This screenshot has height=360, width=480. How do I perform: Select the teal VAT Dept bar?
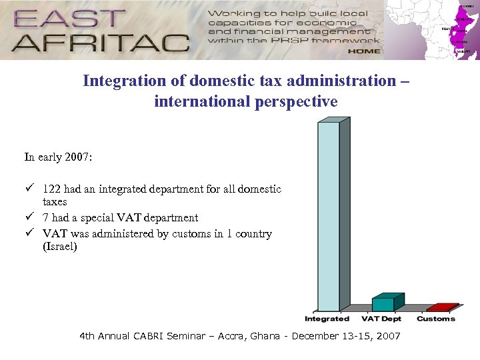click(383, 304)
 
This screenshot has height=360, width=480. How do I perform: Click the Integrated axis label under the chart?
click(327, 319)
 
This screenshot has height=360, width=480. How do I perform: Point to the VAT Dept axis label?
click(382, 319)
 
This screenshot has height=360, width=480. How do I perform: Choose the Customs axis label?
click(436, 319)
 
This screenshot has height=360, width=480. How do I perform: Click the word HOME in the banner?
click(363, 51)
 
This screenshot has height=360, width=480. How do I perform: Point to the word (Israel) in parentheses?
click(60, 247)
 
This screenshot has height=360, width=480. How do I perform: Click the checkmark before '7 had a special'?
click(30, 218)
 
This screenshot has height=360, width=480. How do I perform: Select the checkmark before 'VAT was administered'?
click(30, 234)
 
